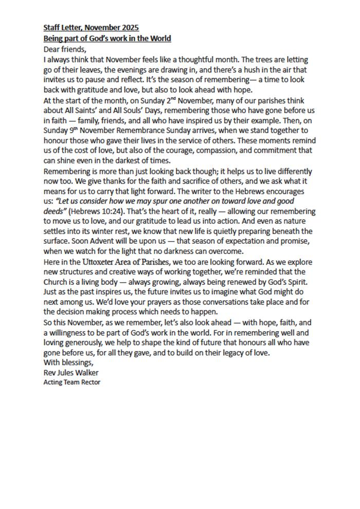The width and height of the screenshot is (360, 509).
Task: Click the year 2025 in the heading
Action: click(129, 27)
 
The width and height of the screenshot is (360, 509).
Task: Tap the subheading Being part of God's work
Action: click(107, 39)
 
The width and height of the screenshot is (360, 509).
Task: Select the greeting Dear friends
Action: click(65, 49)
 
